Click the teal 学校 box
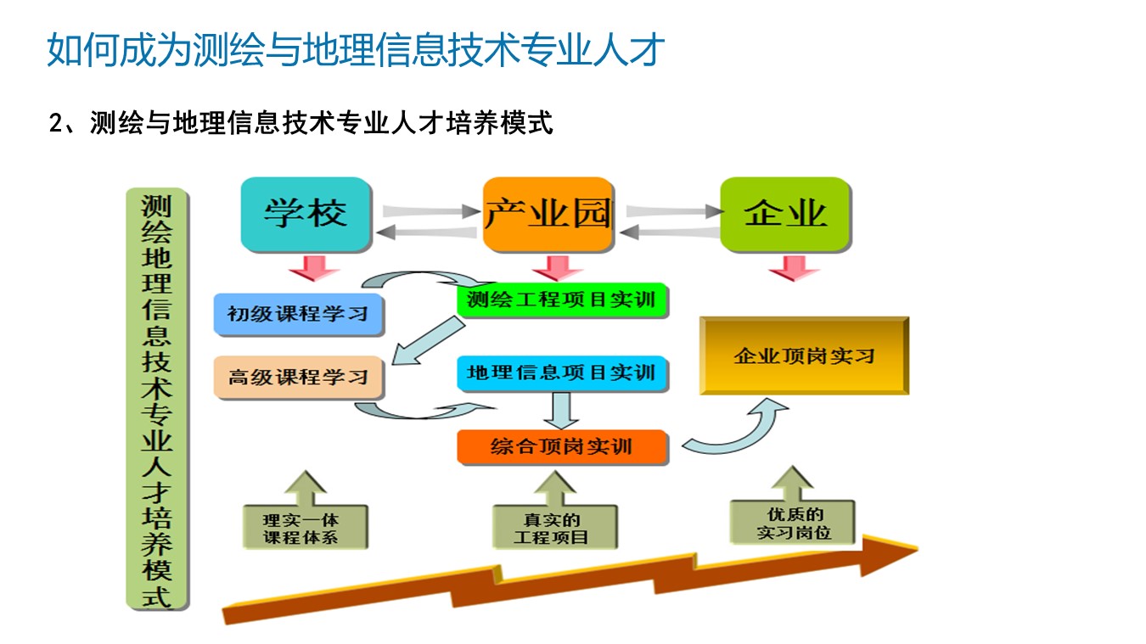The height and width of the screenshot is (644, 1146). (306, 213)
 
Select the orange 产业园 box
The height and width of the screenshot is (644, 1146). (548, 213)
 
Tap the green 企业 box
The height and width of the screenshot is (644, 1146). (785, 213)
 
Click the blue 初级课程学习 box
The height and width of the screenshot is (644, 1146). (298, 313)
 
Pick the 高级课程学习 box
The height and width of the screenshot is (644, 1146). (298, 376)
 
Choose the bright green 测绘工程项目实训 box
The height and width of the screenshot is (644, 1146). (562, 300)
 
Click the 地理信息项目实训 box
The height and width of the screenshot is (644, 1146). (562, 372)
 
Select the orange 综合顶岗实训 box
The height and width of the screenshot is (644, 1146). (562, 445)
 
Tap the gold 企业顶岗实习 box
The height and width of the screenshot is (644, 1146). (803, 356)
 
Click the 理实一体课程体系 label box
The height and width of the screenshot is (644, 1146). (304, 527)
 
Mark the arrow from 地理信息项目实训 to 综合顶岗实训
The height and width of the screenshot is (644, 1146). (560, 412)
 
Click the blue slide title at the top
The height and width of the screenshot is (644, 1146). (355, 50)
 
